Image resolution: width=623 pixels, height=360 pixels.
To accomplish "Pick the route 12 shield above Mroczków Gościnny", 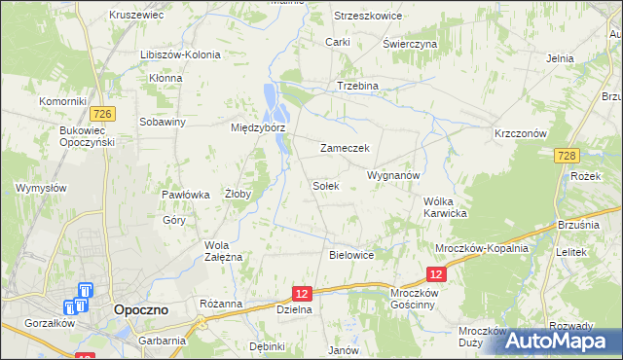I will click(x=435, y=277).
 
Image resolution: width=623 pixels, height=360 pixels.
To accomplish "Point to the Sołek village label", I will click(x=325, y=186).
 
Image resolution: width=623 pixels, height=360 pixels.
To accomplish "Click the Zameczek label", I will click(x=343, y=149).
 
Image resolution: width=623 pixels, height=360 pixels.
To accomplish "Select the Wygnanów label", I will click(x=392, y=176).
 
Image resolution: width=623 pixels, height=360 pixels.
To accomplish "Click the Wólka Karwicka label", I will click(x=446, y=207).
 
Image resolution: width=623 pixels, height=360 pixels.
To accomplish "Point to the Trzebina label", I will click(x=356, y=86).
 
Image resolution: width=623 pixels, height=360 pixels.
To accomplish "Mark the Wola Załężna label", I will click(x=223, y=250).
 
